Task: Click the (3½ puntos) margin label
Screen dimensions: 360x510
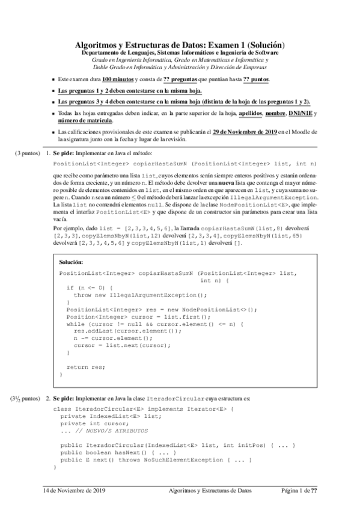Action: pyautogui.click(x=25, y=399)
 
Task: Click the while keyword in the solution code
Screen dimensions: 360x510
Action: pyautogui.click(x=75, y=324)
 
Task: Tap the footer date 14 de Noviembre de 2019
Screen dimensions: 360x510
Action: pyautogui.click(x=74, y=491)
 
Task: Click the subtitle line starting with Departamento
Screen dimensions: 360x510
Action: pyautogui.click(x=178, y=53)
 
